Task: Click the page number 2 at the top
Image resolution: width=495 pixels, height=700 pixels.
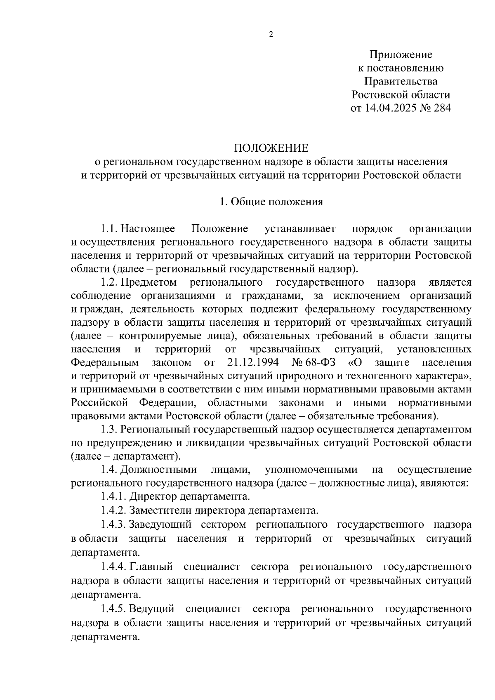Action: (271, 35)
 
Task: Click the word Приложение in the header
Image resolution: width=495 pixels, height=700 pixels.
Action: (401, 54)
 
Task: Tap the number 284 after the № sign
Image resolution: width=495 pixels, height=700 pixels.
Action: (441, 108)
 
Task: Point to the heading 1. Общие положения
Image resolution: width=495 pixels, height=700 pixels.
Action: (271, 202)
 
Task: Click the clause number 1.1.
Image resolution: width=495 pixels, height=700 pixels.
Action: (109, 228)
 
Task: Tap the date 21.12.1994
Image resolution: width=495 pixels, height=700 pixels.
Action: (253, 362)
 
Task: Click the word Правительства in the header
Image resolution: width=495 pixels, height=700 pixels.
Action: (401, 81)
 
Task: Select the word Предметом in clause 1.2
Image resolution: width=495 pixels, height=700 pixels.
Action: (148, 282)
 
